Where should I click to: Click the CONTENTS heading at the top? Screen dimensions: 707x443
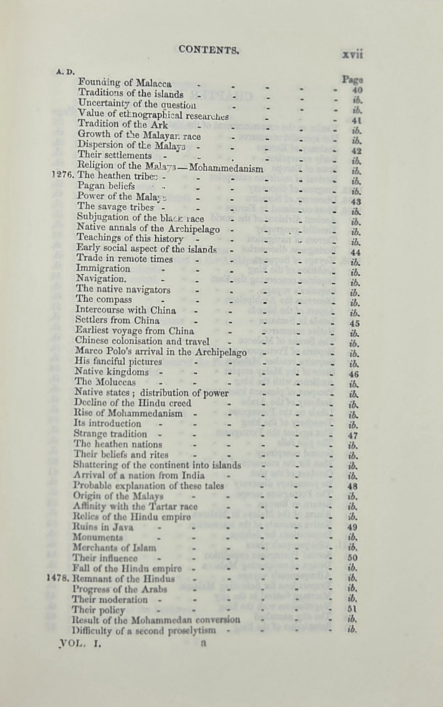[208, 49]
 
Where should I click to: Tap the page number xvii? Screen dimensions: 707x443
[352, 54]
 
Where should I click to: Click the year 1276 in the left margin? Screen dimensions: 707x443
[63, 176]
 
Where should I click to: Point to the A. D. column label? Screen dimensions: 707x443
[65, 72]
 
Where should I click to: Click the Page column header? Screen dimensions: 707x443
[352, 80]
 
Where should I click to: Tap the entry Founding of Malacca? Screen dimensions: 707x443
[125, 84]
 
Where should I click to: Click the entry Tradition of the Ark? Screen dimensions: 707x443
[123, 124]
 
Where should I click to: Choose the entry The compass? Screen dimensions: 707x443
[104, 299]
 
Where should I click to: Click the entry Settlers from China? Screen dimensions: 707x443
[117, 320]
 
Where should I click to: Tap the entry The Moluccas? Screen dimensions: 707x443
[105, 382]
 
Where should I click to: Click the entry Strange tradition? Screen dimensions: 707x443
[110, 434]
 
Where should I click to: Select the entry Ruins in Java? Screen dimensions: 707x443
[103, 527]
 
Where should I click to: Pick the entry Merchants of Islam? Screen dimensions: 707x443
[114, 548]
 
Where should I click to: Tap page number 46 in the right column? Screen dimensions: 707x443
[353, 374]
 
